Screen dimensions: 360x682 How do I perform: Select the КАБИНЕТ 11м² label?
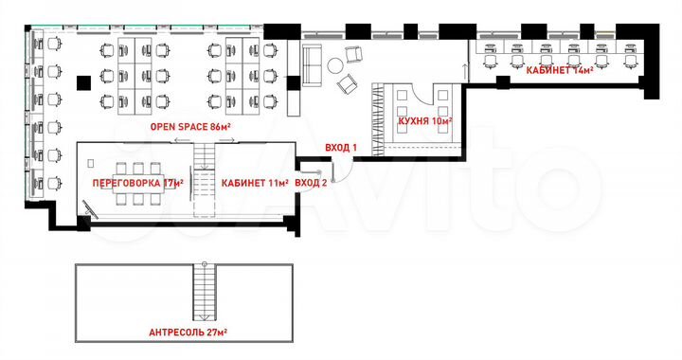click(x=254, y=182)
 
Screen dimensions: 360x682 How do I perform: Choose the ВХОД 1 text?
click(x=340, y=148)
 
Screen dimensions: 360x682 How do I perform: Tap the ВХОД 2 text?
click(x=312, y=182)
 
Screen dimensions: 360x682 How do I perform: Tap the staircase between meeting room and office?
click(x=203, y=171)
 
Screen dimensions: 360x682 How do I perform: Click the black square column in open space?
click(x=83, y=81)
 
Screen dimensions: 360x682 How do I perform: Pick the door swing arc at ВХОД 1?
click(x=349, y=171)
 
